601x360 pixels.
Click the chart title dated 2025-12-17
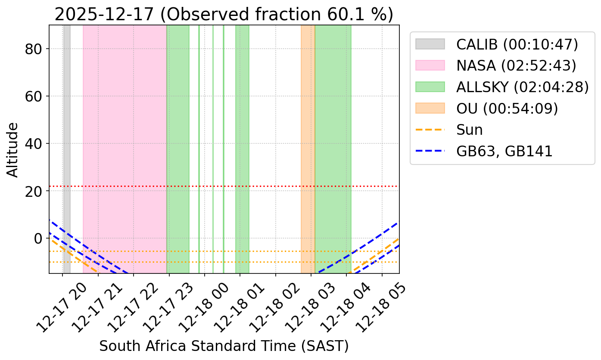[x=224, y=14]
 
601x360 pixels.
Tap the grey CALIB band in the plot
[x=67, y=129]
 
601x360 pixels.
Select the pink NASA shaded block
[x=125, y=129]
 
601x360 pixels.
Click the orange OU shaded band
[x=308, y=129]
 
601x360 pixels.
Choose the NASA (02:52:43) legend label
[x=516, y=65]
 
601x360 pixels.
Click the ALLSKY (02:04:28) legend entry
[x=522, y=87]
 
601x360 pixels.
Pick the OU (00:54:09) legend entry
[x=507, y=109]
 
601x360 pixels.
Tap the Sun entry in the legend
[x=470, y=130]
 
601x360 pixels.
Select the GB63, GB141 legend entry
[x=504, y=152]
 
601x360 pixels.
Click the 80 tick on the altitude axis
[x=36, y=49]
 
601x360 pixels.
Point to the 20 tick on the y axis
[x=36, y=191]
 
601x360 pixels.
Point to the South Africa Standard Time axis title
[x=224, y=346]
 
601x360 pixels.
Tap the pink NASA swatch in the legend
[x=430, y=65]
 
